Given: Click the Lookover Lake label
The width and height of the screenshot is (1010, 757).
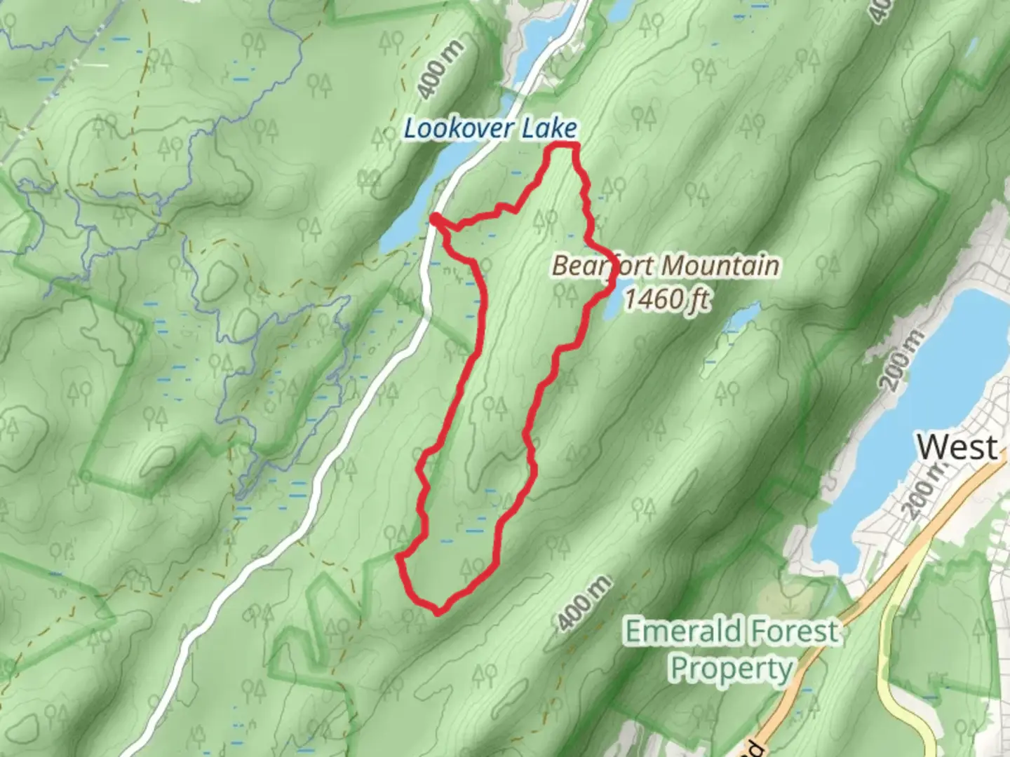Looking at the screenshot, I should [490, 129].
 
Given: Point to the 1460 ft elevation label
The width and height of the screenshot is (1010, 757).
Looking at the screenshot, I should [666, 299].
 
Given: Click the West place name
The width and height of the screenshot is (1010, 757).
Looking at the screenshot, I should [957, 446].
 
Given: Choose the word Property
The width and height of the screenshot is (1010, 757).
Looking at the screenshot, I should [730, 669].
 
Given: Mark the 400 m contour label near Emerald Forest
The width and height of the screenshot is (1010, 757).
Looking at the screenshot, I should [584, 603].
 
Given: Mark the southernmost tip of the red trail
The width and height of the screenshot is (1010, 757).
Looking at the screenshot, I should [438, 612].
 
